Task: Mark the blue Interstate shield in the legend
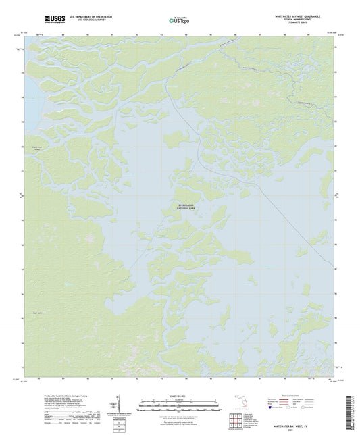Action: coord(272,407)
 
